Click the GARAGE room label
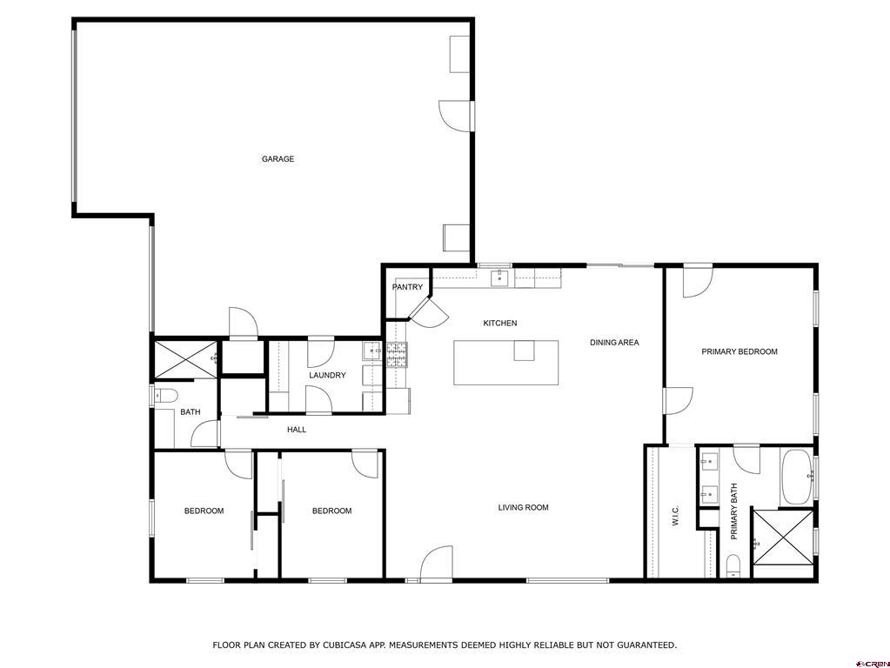point(278,159)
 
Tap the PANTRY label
point(407,287)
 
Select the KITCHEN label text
point(500,324)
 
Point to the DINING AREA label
point(614,343)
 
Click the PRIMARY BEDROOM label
point(739,351)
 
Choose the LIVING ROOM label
point(523,508)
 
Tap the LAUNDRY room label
point(327,376)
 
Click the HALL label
point(297,430)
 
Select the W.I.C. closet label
point(675,517)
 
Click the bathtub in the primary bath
point(795,477)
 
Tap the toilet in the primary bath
point(733,565)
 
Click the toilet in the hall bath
point(165,396)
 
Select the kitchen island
point(505,363)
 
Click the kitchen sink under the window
point(500,278)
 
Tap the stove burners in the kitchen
point(397,353)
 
